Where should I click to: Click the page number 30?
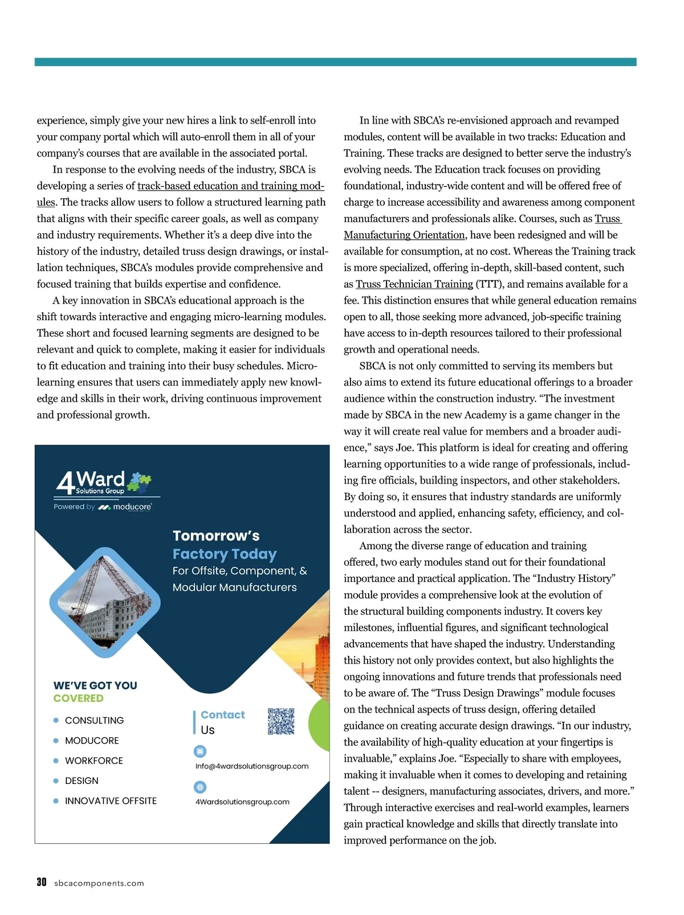[42, 882]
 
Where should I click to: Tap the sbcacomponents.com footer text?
[99, 883]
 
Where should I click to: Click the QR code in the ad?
[281, 721]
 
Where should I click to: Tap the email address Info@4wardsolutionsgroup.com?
[252, 766]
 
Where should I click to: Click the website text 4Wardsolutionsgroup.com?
[242, 802]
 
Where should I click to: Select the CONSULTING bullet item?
[94, 720]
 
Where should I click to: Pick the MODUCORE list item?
[92, 740]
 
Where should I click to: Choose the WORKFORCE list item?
[94, 761]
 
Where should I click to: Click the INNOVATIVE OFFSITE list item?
[111, 800]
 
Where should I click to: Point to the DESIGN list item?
[82, 781]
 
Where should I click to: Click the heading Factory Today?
[225, 554]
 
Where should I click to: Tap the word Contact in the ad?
[222, 714]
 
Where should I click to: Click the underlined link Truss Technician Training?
[414, 284]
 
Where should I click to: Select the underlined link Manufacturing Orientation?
[404, 235]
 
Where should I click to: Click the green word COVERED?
[79, 698]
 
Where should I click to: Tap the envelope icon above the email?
[200, 751]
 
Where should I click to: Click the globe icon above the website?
[200, 787]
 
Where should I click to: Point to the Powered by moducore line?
[103, 506]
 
